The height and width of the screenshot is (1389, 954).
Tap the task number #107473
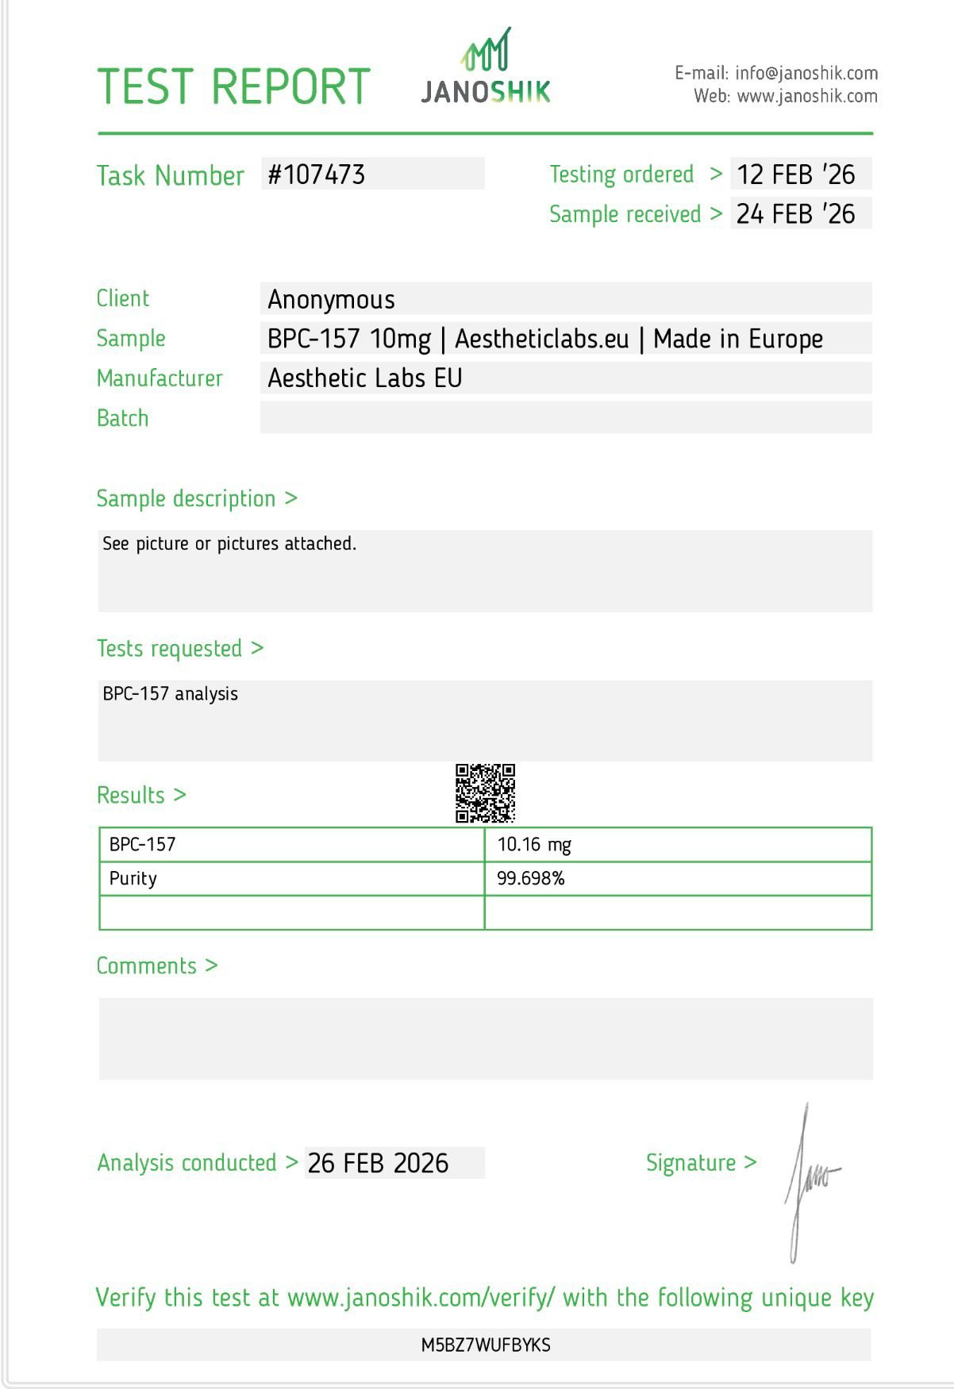coord(317,175)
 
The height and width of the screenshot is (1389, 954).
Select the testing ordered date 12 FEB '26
coord(795,175)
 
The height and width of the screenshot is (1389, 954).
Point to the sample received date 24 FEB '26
coord(795,214)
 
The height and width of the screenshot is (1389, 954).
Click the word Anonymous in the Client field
coord(331,300)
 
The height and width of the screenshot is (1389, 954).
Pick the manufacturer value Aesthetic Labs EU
coord(365,378)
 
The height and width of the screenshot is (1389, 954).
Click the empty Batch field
coord(565,418)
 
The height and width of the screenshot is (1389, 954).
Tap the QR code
coord(485,793)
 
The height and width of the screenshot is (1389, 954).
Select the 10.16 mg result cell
coord(534,845)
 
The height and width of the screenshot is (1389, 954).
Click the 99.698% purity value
coord(531,879)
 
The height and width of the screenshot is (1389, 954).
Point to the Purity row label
coord(133,879)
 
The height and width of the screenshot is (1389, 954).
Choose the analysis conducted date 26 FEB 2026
coord(378,1164)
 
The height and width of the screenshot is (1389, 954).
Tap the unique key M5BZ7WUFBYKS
coord(486,1345)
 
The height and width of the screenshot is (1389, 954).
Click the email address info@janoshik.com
coord(806,74)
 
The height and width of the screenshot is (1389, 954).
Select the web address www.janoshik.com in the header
coord(807,97)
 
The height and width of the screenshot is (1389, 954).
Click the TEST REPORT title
coord(233,87)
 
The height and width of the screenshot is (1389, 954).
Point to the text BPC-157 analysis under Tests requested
coord(171,694)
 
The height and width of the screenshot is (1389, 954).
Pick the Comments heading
coord(147,966)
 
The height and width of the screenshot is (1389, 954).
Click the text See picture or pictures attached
coord(229,544)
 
